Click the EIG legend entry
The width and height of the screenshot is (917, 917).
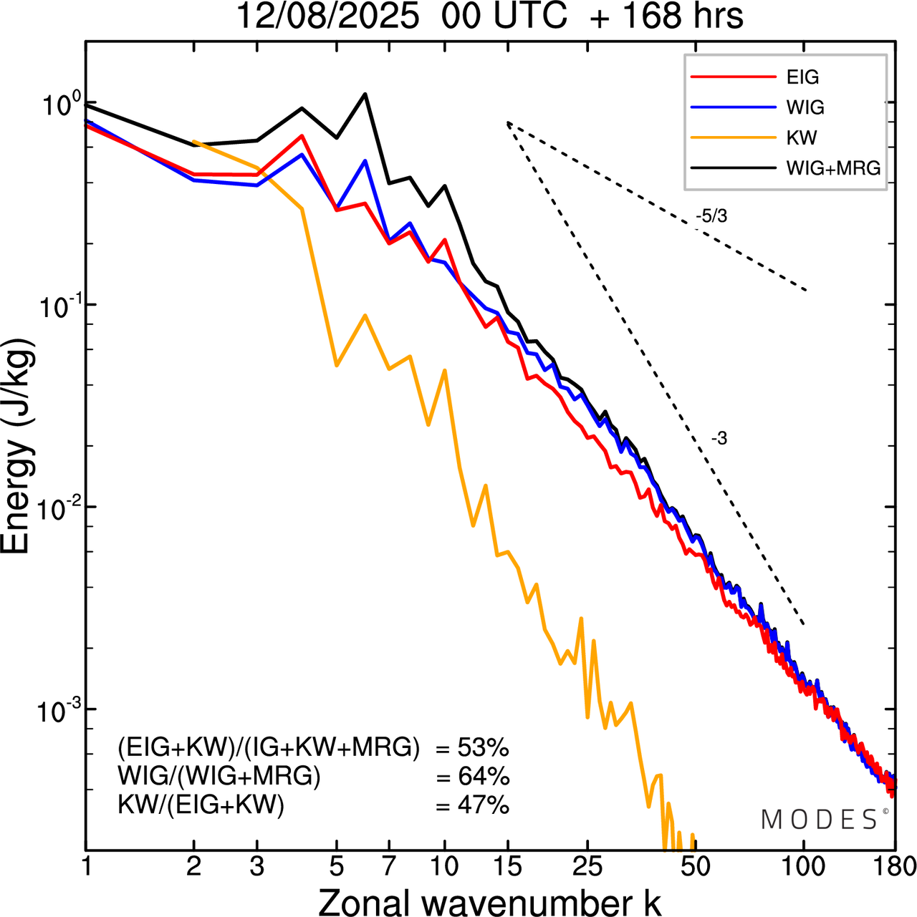[x=802, y=77]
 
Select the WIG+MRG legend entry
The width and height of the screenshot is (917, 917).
[x=833, y=168]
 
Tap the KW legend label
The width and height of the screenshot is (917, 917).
[x=802, y=137]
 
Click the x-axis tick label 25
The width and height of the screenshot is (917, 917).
[x=587, y=866]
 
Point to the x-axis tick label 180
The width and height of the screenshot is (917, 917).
[x=894, y=866]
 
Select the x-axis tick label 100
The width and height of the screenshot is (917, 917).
[x=804, y=866]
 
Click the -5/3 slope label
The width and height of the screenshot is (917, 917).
[x=711, y=216]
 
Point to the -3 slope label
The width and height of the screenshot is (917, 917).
[x=719, y=439]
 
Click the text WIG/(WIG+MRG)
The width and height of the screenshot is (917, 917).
[x=219, y=776]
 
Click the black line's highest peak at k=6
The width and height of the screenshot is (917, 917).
[x=365, y=94]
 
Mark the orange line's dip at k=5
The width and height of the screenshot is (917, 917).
[x=337, y=366]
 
